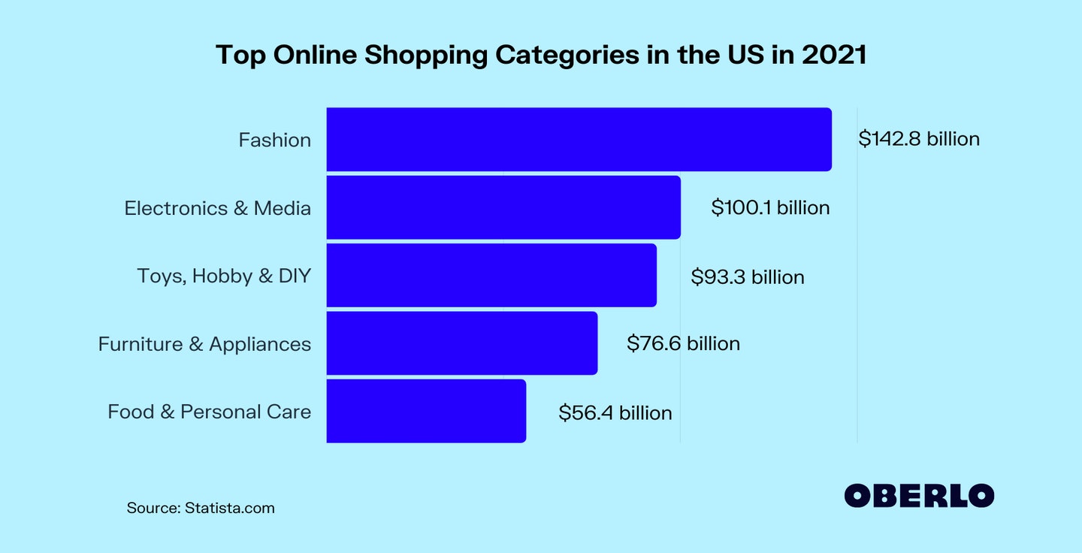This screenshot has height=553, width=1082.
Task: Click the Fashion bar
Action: pos(579,140)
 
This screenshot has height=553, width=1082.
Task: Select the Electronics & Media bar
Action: pos(503,207)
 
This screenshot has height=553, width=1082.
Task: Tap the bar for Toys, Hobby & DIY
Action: pos(491,276)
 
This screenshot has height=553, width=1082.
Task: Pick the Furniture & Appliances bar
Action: pos(462,343)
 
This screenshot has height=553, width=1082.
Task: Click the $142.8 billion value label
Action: pos(919,139)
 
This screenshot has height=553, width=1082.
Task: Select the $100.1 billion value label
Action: pos(770,207)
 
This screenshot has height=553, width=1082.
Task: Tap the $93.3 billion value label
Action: pos(748,276)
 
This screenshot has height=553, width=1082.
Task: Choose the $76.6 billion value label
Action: pos(683,343)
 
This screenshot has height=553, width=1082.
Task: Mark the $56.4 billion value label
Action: pos(615,412)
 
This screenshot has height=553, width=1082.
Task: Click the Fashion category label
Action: pos(274,140)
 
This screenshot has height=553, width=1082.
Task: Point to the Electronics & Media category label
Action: pos(217,208)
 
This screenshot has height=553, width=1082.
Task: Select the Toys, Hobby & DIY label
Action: pos(224,276)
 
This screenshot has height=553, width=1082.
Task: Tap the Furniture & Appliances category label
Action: pos(204,344)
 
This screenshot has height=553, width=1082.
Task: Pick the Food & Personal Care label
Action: pos(209,412)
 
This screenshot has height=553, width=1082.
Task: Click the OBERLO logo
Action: pos(919,495)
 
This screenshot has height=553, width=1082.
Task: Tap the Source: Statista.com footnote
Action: pos(201,508)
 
